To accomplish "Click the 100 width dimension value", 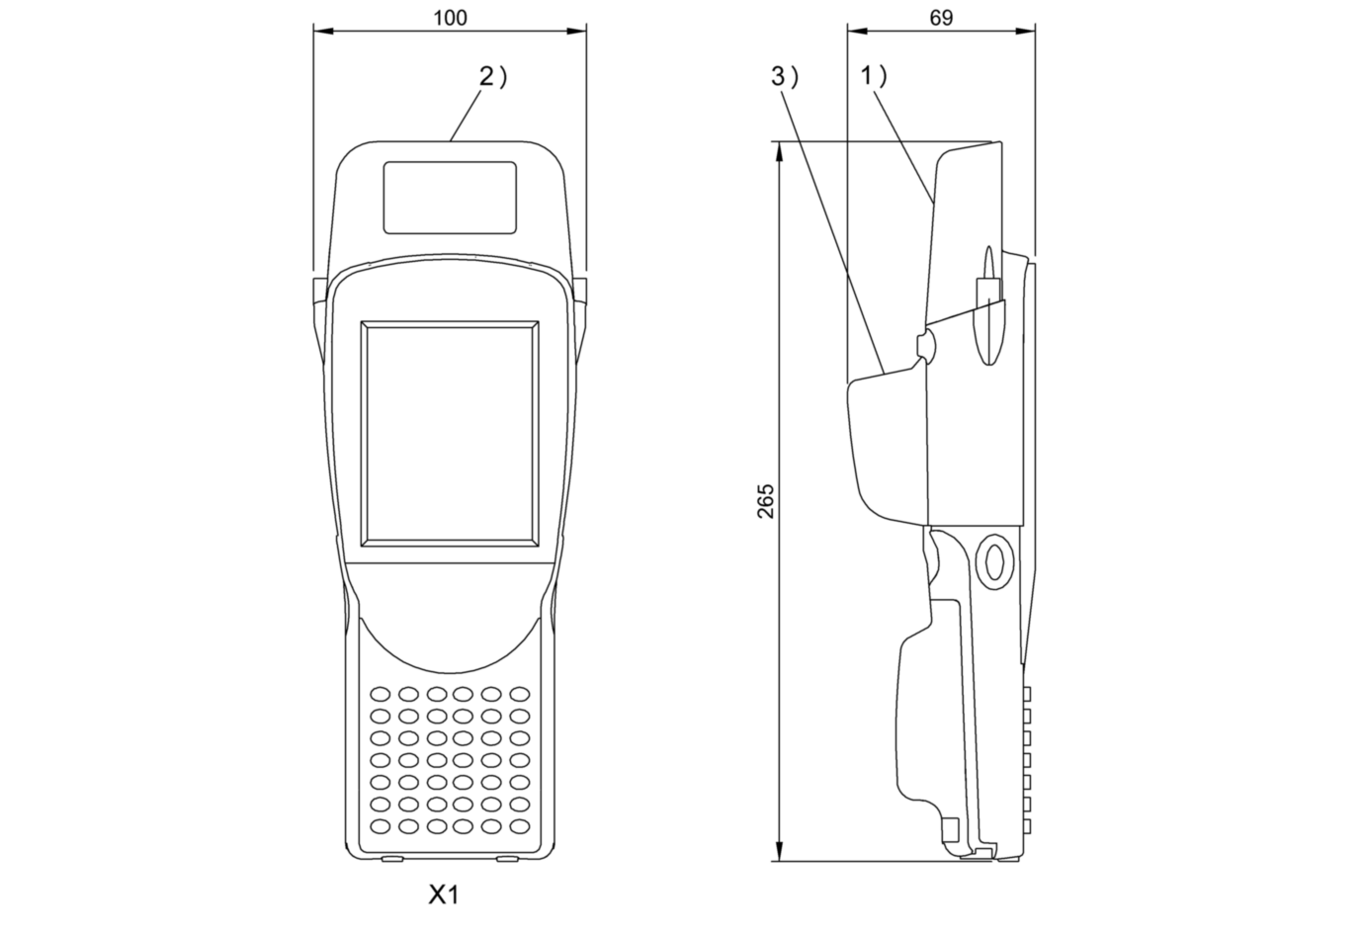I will click(x=450, y=17).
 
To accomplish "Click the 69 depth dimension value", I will click(x=941, y=17).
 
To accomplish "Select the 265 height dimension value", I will click(x=766, y=501).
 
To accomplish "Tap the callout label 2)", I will click(x=491, y=77).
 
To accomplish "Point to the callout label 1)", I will click(x=874, y=77).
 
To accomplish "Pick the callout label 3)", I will click(x=784, y=77).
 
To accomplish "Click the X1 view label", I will click(x=444, y=895).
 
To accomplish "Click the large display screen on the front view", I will click(x=451, y=432).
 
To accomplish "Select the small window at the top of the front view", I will click(x=450, y=198).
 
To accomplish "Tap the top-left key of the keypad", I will click(x=381, y=694).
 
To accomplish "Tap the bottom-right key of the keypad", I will click(x=520, y=825).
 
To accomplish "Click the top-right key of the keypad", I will click(x=520, y=694).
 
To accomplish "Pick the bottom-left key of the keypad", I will click(x=381, y=825).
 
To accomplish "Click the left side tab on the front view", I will click(x=316, y=291).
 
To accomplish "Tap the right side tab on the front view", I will click(x=581, y=291).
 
